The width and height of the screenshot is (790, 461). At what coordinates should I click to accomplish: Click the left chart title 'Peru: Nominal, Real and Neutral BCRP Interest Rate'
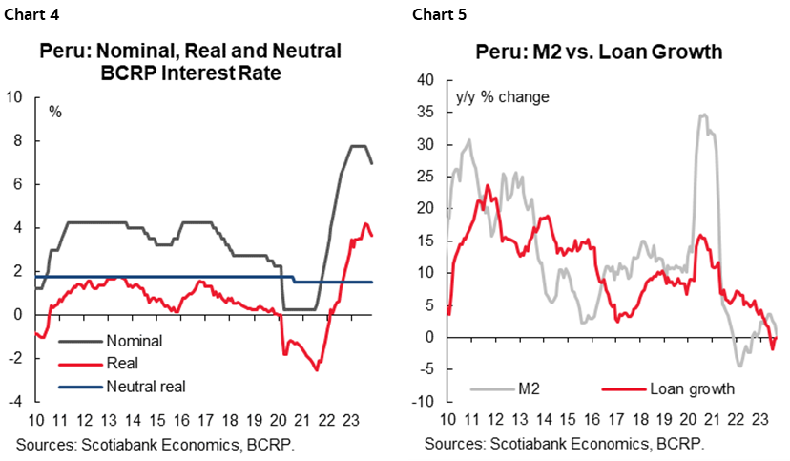click(x=190, y=61)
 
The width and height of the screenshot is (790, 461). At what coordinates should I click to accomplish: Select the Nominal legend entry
click(x=134, y=340)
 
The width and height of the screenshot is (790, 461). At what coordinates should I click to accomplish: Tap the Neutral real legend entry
click(x=146, y=386)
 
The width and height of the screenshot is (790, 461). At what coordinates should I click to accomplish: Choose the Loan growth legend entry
click(x=692, y=388)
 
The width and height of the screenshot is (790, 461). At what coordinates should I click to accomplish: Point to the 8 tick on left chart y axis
click(x=15, y=140)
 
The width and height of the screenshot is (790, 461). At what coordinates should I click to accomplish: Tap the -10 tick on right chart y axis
click(x=424, y=402)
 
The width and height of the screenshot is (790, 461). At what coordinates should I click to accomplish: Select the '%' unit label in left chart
click(x=55, y=112)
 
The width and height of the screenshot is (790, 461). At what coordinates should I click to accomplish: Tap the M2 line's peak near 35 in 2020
click(x=703, y=115)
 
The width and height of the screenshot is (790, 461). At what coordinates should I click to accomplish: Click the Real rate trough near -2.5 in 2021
click(x=317, y=369)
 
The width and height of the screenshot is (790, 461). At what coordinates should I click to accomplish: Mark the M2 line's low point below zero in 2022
click(x=738, y=366)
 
